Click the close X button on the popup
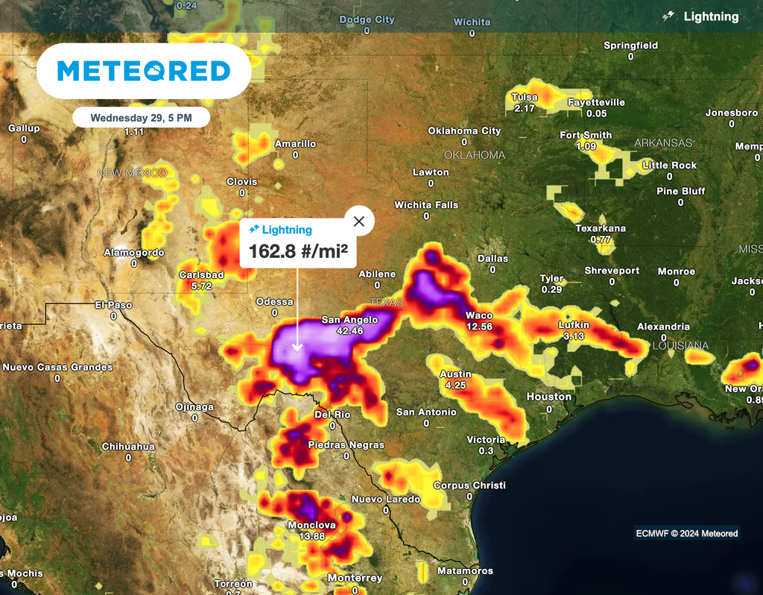click(x=359, y=221)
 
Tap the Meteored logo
click(x=144, y=71)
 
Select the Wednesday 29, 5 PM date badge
click(x=141, y=118)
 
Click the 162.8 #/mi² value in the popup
click(x=298, y=251)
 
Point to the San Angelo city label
click(x=349, y=320)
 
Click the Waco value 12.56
click(x=480, y=327)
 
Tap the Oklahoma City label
click(x=464, y=131)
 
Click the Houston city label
click(x=549, y=397)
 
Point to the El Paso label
click(x=113, y=305)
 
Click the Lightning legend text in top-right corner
click(x=711, y=16)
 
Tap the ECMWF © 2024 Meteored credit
click(x=686, y=533)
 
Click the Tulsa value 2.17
click(x=525, y=108)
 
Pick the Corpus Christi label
click(x=469, y=485)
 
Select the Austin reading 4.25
click(x=455, y=385)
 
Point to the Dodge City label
click(x=367, y=20)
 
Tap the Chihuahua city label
click(x=128, y=447)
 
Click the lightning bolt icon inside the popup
click(x=254, y=230)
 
